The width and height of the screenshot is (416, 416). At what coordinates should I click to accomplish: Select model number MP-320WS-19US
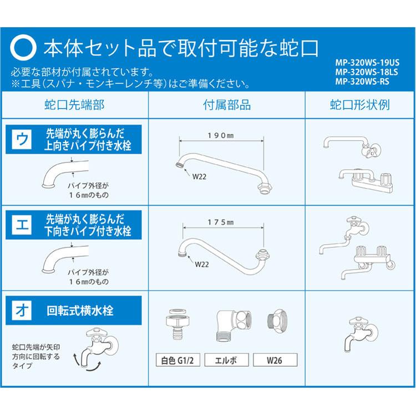pyautogui.click(x=367, y=63)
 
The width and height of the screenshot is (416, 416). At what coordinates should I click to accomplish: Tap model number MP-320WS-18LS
pyautogui.click(x=367, y=72)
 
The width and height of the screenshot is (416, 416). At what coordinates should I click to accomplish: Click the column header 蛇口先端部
pyautogui.click(x=74, y=105)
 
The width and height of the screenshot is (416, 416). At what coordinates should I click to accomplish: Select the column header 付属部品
pyautogui.click(x=227, y=105)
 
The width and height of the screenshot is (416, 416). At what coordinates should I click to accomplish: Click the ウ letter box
pyautogui.click(x=22, y=139)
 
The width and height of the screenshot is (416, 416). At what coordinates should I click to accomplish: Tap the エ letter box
pyautogui.click(x=22, y=226)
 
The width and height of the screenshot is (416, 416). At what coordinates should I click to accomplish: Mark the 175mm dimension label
pyautogui.click(x=220, y=222)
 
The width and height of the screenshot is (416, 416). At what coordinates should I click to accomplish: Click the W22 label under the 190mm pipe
pyautogui.click(x=200, y=178)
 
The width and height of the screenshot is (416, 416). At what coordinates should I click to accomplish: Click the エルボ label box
pyautogui.click(x=227, y=360)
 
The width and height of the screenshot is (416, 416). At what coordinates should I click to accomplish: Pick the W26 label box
pyautogui.click(x=275, y=360)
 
